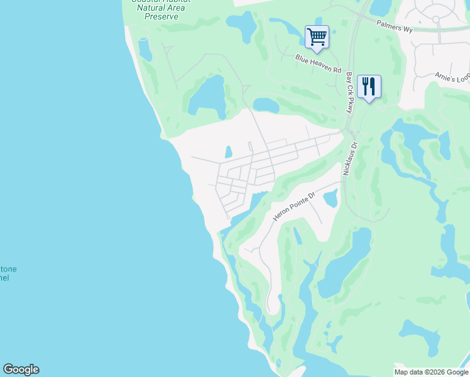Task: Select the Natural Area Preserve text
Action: pyautogui.click(x=160, y=9)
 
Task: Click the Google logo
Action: pyautogui.click(x=21, y=369)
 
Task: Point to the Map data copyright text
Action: pyautogui.click(x=431, y=372)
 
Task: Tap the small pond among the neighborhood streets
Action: pyautogui.click(x=228, y=152)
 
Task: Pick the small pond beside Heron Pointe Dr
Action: pyautogui.click(x=331, y=199)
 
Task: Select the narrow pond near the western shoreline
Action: pyautogui.click(x=145, y=50)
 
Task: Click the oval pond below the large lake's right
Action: pyautogui.click(x=266, y=104)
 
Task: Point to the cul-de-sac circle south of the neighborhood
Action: pyautogui.click(x=228, y=218)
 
